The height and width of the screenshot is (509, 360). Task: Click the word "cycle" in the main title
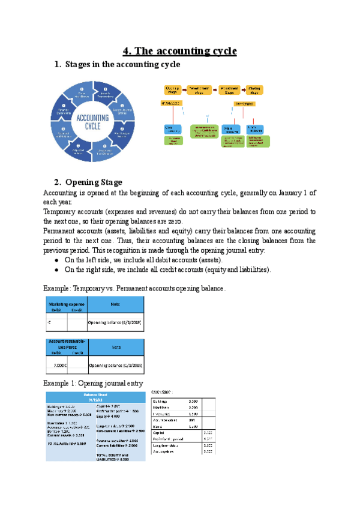click(221, 50)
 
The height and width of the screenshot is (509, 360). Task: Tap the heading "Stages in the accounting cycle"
click(122, 64)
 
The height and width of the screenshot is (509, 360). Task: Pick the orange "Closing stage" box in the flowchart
click(254, 90)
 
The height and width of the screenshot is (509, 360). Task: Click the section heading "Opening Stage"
click(94, 182)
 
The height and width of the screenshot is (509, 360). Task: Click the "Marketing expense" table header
click(66, 304)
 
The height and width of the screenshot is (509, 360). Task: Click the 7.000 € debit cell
click(56, 365)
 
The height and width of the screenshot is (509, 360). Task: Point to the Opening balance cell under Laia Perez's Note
click(115, 365)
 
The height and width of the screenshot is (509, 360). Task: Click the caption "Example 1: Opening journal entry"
click(94, 383)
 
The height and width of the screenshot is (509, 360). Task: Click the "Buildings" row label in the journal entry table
click(160, 400)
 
